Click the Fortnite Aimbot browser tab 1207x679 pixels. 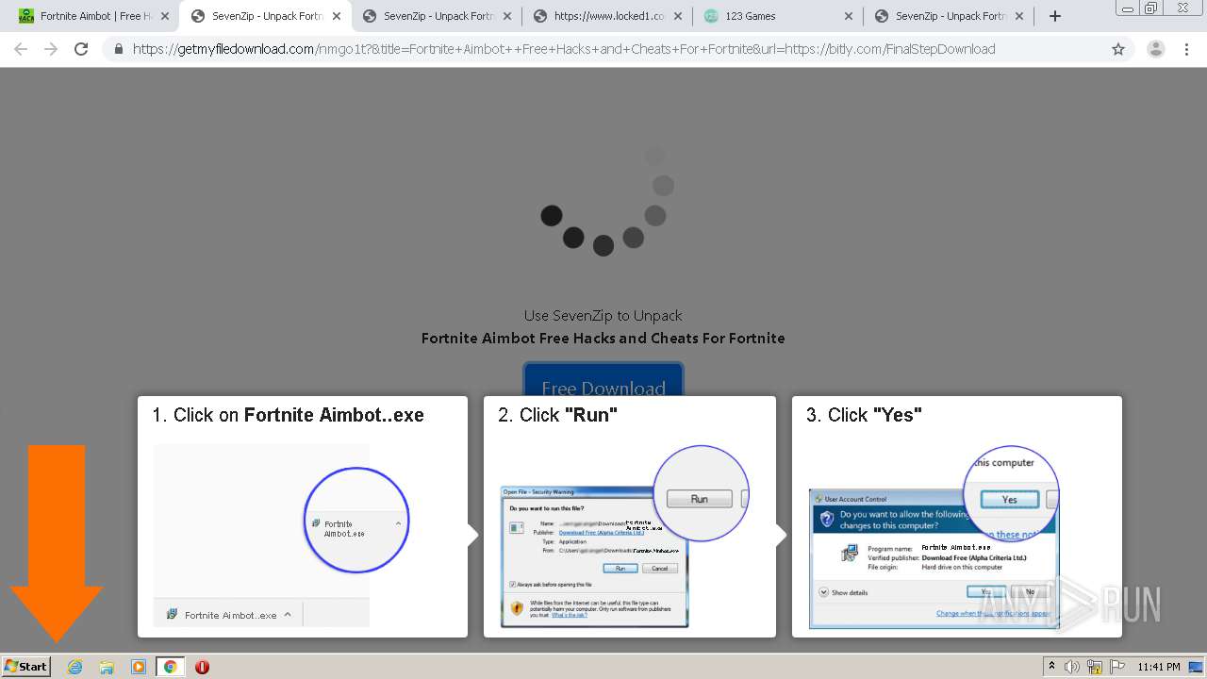[90, 16]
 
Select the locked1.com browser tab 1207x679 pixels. [603, 16]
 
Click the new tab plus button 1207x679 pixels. [1055, 16]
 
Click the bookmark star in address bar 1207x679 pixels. [1118, 49]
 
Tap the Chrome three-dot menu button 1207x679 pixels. [1186, 49]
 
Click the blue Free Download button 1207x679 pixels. [603, 383]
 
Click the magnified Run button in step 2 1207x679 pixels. [699, 499]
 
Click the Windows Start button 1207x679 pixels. [25, 667]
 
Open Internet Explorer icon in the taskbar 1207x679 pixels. [75, 667]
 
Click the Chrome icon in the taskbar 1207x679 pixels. [170, 667]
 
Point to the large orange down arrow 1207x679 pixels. [57, 538]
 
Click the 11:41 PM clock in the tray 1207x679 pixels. [1159, 667]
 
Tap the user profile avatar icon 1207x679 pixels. [1155, 49]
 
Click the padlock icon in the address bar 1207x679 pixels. [119, 49]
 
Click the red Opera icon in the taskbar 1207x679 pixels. [202, 667]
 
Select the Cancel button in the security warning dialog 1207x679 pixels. [659, 569]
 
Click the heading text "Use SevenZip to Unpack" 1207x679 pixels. [603, 316]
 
